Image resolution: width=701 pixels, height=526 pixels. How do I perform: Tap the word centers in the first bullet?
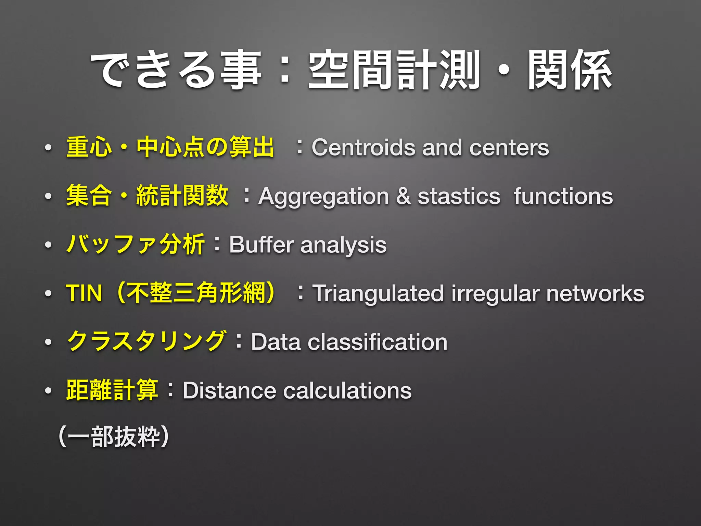[x=509, y=148]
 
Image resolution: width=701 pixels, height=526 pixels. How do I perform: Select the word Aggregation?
[x=323, y=197]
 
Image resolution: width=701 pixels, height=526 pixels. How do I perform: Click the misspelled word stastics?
[x=459, y=197]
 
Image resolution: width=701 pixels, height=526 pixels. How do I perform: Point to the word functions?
[x=563, y=196]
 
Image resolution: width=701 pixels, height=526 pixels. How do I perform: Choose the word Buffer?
[x=262, y=245]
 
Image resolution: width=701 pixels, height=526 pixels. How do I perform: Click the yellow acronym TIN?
[x=84, y=293]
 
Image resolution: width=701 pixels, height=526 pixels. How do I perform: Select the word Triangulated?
[x=378, y=294]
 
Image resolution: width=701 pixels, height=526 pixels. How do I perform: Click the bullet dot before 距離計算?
[x=48, y=391]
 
